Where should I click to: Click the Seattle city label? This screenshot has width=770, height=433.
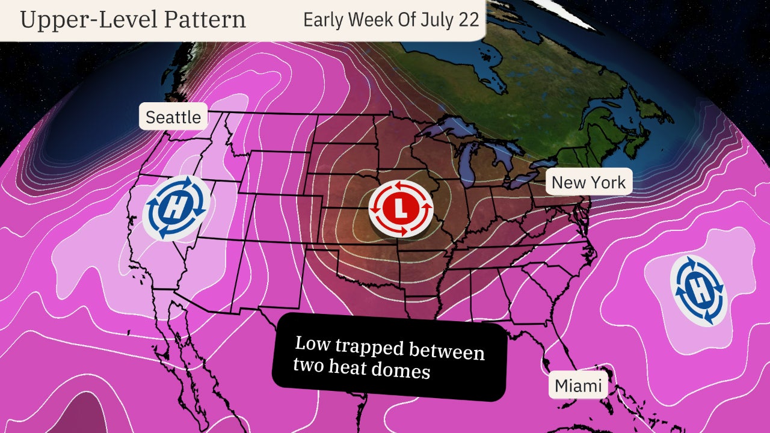tap(173, 117)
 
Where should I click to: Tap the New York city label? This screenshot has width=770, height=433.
tap(588, 182)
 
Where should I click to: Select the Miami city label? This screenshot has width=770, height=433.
tap(578, 385)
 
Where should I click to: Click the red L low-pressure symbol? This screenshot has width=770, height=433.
tap(401, 207)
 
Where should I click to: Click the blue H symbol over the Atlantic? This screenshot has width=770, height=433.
tap(698, 290)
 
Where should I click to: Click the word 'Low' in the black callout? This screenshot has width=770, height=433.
tap(310, 344)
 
